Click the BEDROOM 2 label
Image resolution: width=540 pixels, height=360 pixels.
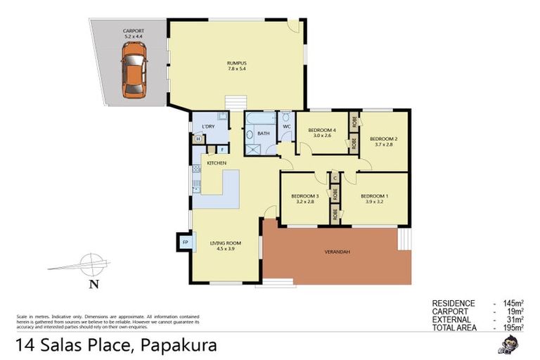(384, 139)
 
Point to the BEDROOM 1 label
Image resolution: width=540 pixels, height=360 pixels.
(374, 195)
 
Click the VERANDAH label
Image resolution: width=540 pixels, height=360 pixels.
(337, 252)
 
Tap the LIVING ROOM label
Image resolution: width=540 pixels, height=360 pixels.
(224, 244)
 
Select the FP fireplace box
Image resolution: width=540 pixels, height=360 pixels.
(185, 242)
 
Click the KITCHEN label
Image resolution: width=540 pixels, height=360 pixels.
(216, 163)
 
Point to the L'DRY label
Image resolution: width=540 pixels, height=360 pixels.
(207, 127)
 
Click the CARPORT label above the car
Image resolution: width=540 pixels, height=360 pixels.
(133, 30)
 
